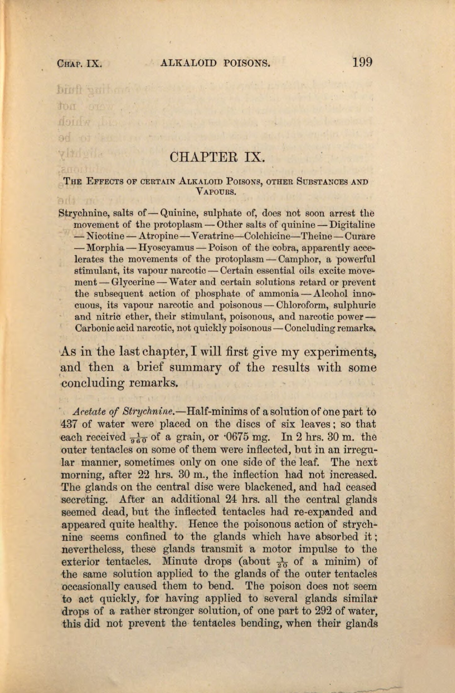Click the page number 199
click(362, 62)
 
